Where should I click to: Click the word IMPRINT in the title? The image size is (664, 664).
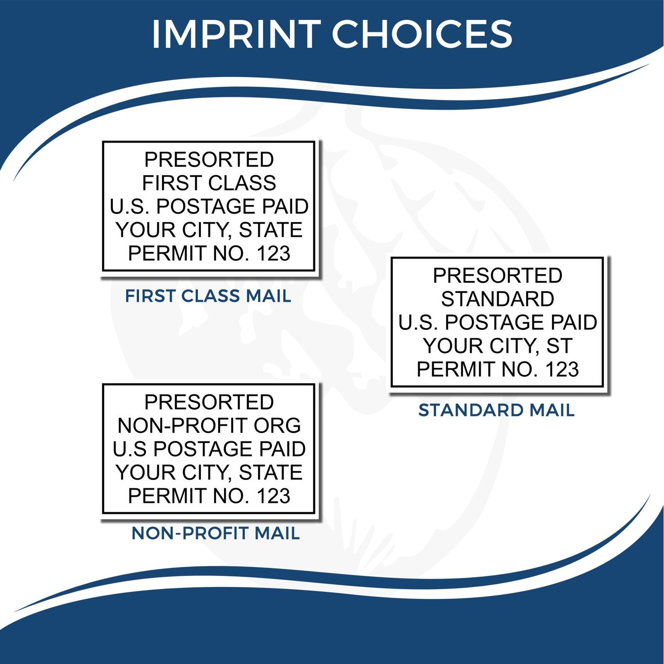tap(236, 34)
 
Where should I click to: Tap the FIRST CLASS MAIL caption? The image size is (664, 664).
tap(208, 296)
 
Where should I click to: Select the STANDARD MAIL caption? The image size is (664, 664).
tap(496, 410)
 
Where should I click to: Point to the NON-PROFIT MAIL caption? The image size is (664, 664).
tap(216, 533)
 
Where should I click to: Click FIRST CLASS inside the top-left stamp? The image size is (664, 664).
tap(209, 183)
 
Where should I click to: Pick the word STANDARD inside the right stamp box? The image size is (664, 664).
tap(498, 299)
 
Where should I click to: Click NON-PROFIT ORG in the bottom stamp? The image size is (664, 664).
tap(209, 426)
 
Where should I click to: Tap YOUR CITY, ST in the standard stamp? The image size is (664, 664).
tap(498, 346)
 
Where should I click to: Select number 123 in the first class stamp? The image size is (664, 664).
tap(273, 254)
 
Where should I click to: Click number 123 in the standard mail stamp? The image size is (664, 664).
tap(562, 370)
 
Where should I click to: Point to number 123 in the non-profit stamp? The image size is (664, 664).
tap(273, 496)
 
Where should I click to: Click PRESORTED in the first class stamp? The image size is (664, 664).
tap(209, 160)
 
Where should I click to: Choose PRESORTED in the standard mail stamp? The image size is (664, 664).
tap(498, 276)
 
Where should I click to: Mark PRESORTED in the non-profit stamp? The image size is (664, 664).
tap(209, 402)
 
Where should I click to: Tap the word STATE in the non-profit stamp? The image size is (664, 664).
tap(270, 472)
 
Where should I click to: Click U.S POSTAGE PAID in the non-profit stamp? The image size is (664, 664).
tap(209, 449)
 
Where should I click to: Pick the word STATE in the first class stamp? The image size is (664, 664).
tap(270, 230)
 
